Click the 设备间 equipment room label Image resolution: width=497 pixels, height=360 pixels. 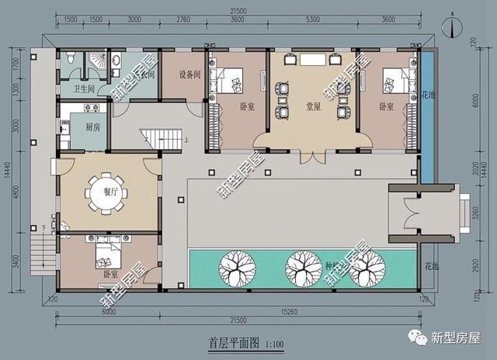[x=189, y=75]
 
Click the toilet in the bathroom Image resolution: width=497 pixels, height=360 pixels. [x=71, y=58]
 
